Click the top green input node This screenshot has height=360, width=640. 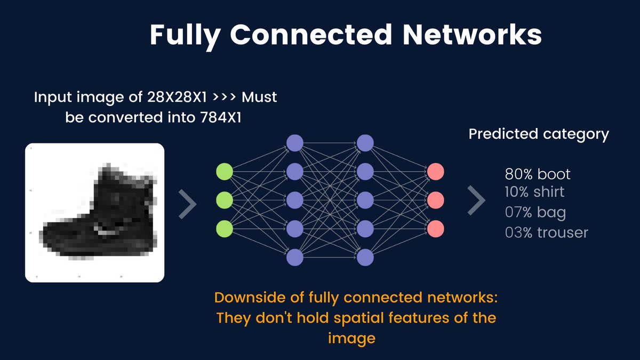click(225, 172)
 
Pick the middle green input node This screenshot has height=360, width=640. click(225, 201)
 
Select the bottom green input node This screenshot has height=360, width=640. click(225, 229)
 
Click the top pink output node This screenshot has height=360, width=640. click(435, 172)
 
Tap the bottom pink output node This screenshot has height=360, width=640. click(435, 229)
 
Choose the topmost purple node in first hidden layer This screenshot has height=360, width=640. click(295, 143)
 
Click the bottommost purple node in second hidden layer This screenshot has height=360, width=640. click(365, 258)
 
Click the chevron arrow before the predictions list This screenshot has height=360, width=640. click(476, 201)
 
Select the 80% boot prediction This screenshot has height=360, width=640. click(538, 174)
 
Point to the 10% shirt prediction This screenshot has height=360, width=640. click(534, 191)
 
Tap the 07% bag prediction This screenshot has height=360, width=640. click(535, 213)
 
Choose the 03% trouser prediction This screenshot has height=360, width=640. click(547, 233)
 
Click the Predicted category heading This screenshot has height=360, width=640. click(539, 134)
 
